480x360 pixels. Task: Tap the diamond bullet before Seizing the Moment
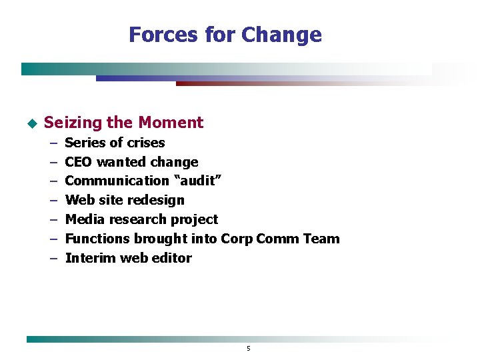point(30,123)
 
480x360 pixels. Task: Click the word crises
point(146,143)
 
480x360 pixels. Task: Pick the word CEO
point(79,162)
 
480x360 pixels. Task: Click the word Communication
point(117,181)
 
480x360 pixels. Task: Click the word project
point(194,219)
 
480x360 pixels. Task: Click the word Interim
point(90,258)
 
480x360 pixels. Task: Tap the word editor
point(173,258)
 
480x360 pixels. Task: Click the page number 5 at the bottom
point(248,349)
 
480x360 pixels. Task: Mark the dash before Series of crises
point(53,143)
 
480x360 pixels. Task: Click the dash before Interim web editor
point(53,258)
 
